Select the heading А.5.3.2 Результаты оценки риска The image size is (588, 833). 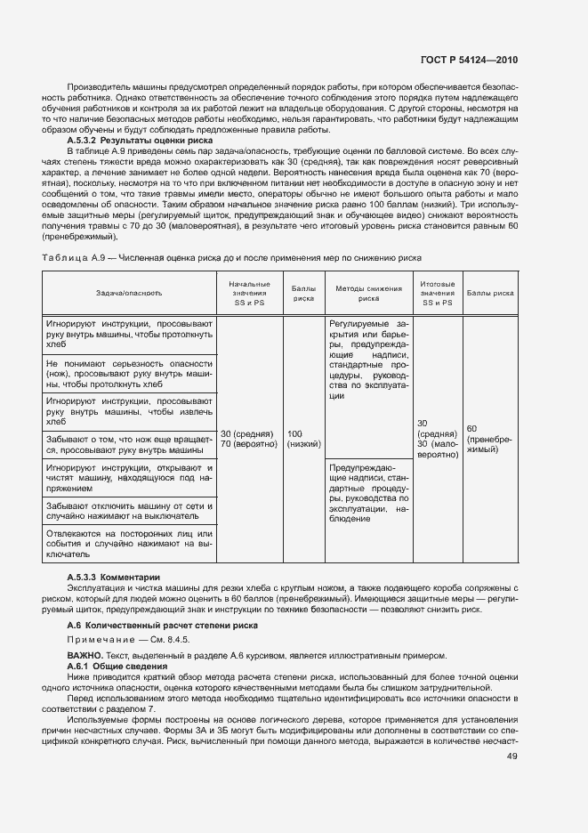point(140,141)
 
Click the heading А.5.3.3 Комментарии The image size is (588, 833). point(114,578)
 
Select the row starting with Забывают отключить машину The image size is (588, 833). point(129,510)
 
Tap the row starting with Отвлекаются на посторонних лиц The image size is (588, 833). point(129,543)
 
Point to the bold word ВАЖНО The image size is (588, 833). point(85,656)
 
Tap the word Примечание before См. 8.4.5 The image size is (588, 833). point(98,641)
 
